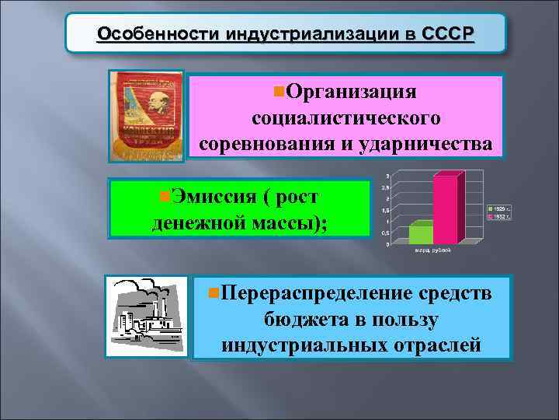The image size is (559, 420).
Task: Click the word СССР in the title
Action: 448,35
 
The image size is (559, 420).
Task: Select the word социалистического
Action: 346,118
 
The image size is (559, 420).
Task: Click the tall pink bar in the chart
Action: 446,210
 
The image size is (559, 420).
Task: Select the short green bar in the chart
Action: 421,234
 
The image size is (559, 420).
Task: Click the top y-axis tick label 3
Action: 387,174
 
